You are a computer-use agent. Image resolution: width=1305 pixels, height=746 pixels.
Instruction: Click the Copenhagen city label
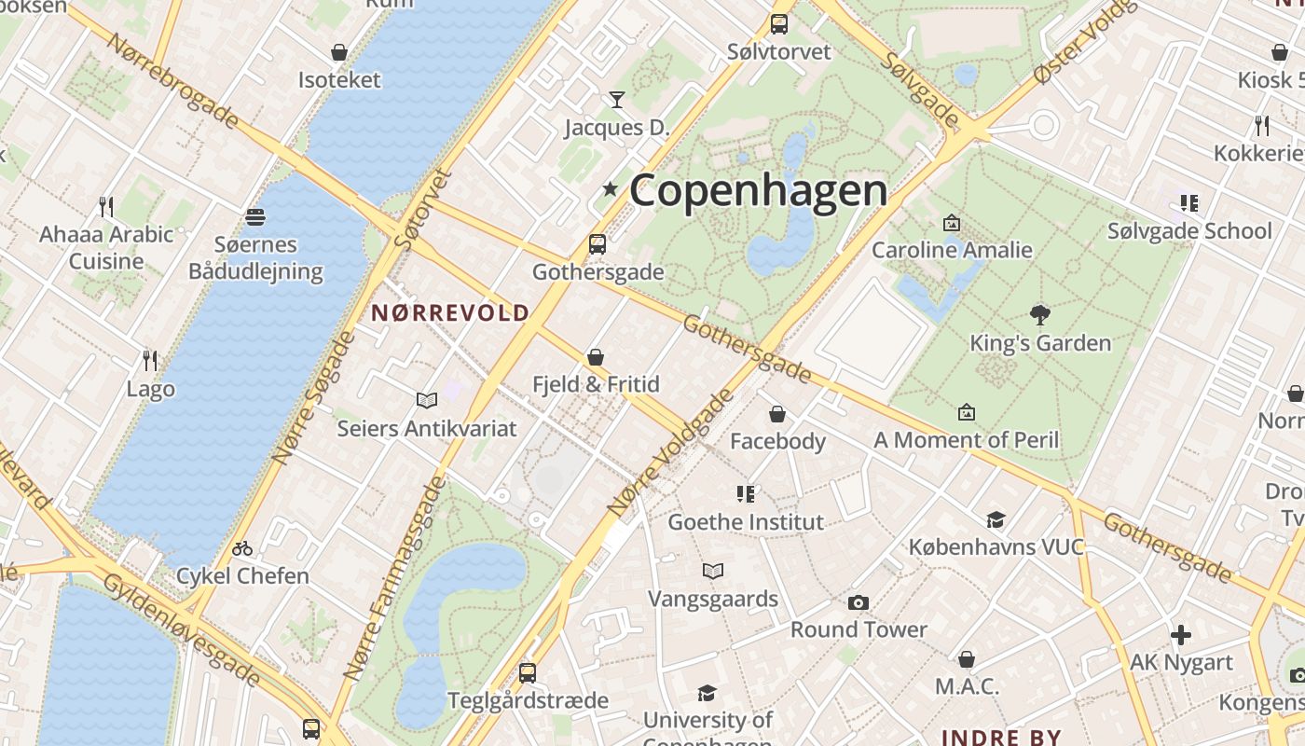tap(758, 191)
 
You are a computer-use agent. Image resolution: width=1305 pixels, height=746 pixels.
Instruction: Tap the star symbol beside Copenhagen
tap(611, 189)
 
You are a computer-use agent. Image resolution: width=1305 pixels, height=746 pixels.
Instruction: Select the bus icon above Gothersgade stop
tap(598, 244)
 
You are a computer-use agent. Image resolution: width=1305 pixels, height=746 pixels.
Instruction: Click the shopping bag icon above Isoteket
tap(339, 52)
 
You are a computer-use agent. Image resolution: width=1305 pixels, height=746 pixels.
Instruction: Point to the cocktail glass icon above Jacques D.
tap(616, 99)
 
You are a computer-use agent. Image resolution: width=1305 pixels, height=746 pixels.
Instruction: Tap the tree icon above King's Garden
tap(1040, 315)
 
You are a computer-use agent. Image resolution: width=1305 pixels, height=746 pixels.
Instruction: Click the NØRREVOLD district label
tap(450, 313)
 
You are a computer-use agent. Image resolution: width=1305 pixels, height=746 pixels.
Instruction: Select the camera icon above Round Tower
tap(859, 602)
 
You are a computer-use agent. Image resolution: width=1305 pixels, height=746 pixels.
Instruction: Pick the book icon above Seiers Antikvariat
tap(427, 400)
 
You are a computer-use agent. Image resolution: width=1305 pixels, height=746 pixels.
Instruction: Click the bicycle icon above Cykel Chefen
tap(242, 548)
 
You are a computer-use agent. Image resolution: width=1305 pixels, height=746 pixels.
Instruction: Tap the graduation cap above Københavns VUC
tap(996, 519)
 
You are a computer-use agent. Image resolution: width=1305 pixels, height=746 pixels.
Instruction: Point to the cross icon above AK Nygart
tap(1181, 636)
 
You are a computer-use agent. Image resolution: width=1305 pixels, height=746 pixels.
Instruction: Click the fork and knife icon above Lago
tap(150, 360)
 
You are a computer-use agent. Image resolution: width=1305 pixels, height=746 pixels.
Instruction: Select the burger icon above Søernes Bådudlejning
tap(255, 217)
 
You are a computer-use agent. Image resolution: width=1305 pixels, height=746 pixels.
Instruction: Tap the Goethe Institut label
tap(746, 522)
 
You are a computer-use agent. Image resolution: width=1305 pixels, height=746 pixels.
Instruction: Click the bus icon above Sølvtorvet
tap(778, 24)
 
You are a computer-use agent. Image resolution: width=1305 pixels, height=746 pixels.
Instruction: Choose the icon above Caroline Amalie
tap(952, 223)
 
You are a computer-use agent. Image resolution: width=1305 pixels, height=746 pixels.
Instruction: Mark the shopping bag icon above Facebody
tap(777, 414)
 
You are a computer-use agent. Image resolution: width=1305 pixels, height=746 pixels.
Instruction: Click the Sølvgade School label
tap(1189, 231)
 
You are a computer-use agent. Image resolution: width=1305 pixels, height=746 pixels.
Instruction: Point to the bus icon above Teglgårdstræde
tap(528, 672)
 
